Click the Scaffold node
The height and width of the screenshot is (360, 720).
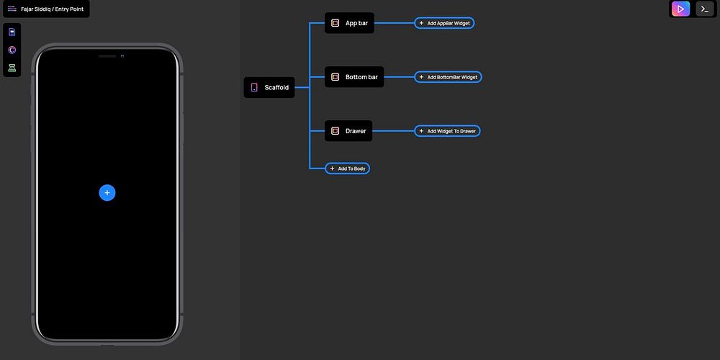[269, 87]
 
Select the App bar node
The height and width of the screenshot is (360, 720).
[349, 23]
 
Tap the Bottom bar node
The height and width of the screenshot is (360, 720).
[354, 77]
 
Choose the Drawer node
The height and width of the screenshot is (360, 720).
[348, 131]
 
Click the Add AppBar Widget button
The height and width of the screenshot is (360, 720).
[444, 23]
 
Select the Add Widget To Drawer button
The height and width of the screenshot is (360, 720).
[447, 131]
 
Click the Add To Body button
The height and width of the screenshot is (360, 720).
[347, 168]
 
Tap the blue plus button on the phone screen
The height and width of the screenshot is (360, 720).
[107, 193]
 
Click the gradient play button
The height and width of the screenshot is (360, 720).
[680, 9]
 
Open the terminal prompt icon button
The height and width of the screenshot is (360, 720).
[705, 9]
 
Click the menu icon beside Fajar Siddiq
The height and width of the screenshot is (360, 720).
[12, 9]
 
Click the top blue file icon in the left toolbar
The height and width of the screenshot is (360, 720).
[12, 32]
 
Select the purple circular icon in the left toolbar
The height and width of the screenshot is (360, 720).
[12, 50]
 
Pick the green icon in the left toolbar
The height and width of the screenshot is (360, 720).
[12, 68]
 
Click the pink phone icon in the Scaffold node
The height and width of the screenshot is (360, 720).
[254, 87]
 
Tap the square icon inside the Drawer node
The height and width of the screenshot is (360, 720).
[336, 131]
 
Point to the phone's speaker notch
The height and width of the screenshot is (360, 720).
[107, 56]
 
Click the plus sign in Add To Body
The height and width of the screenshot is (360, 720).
[332, 168]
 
